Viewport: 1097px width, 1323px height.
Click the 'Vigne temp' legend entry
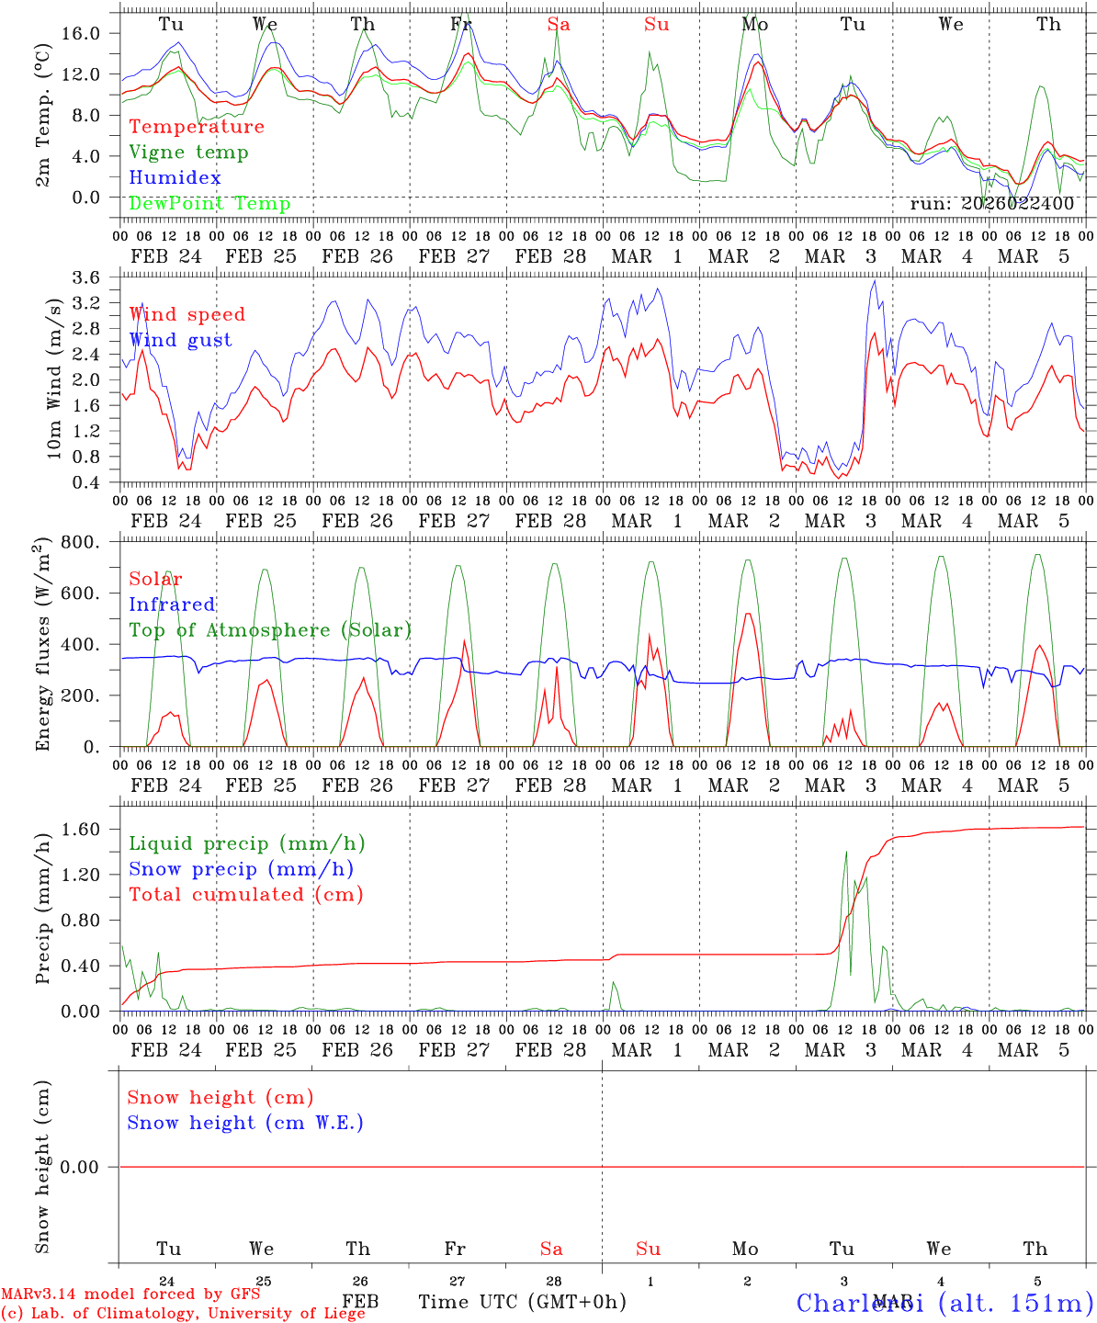188,153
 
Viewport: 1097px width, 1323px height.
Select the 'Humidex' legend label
175,178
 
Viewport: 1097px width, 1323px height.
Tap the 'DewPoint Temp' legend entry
209,204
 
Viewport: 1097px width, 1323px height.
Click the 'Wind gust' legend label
180,340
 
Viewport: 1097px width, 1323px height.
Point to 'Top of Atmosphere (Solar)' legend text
269,630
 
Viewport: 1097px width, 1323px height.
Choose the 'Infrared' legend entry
172,605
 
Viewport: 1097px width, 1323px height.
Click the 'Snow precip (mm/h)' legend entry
241,869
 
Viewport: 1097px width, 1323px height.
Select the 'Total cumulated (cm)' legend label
245,895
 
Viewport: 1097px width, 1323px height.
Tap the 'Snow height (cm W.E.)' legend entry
245,1123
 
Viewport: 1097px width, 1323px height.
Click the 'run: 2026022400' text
991,204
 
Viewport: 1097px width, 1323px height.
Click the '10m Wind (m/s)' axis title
54,378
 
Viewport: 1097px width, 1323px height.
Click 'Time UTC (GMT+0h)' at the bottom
522,1302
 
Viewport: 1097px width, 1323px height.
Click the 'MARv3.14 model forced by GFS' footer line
130,1295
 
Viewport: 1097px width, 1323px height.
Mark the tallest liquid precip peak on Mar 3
846,852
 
